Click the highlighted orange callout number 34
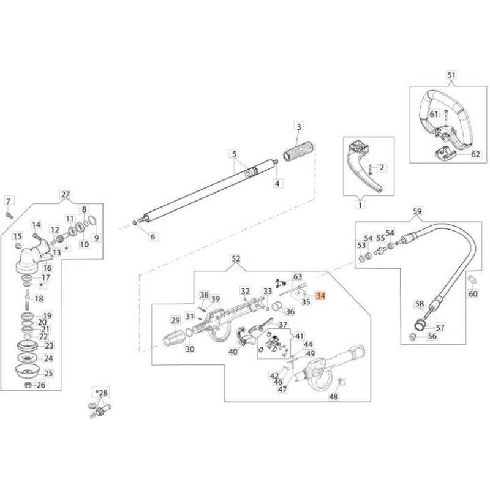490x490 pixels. point(322,296)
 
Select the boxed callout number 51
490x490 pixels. point(451,75)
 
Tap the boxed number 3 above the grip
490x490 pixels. point(299,127)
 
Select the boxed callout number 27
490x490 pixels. point(66,195)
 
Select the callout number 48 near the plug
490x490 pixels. point(333,396)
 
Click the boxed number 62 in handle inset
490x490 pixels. point(459,155)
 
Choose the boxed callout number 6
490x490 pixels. point(154,236)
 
